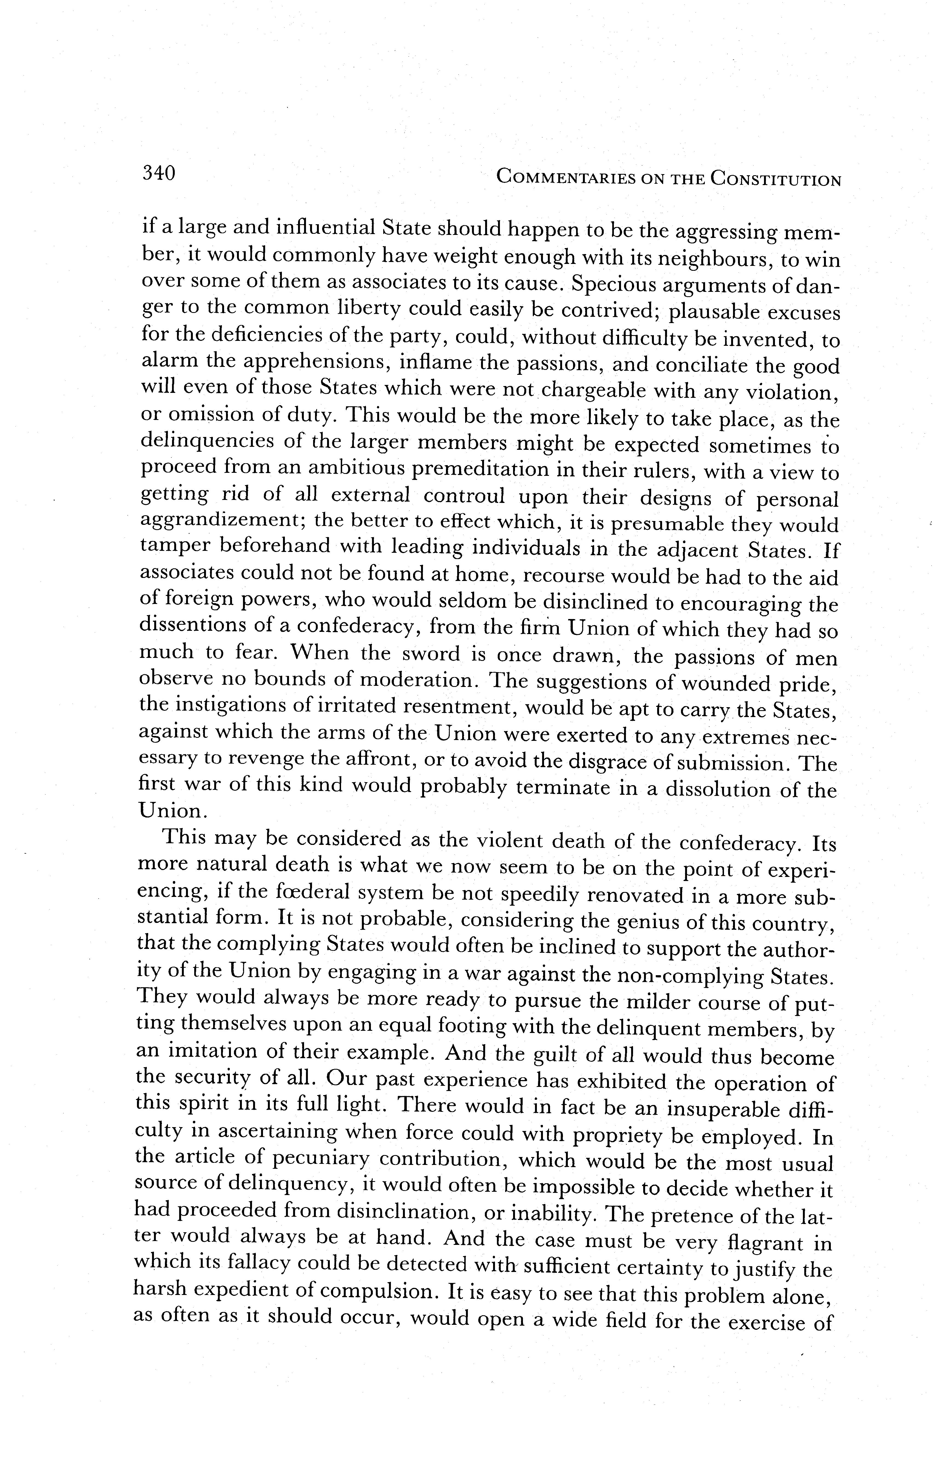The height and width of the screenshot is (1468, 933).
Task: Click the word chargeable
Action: (594, 390)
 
